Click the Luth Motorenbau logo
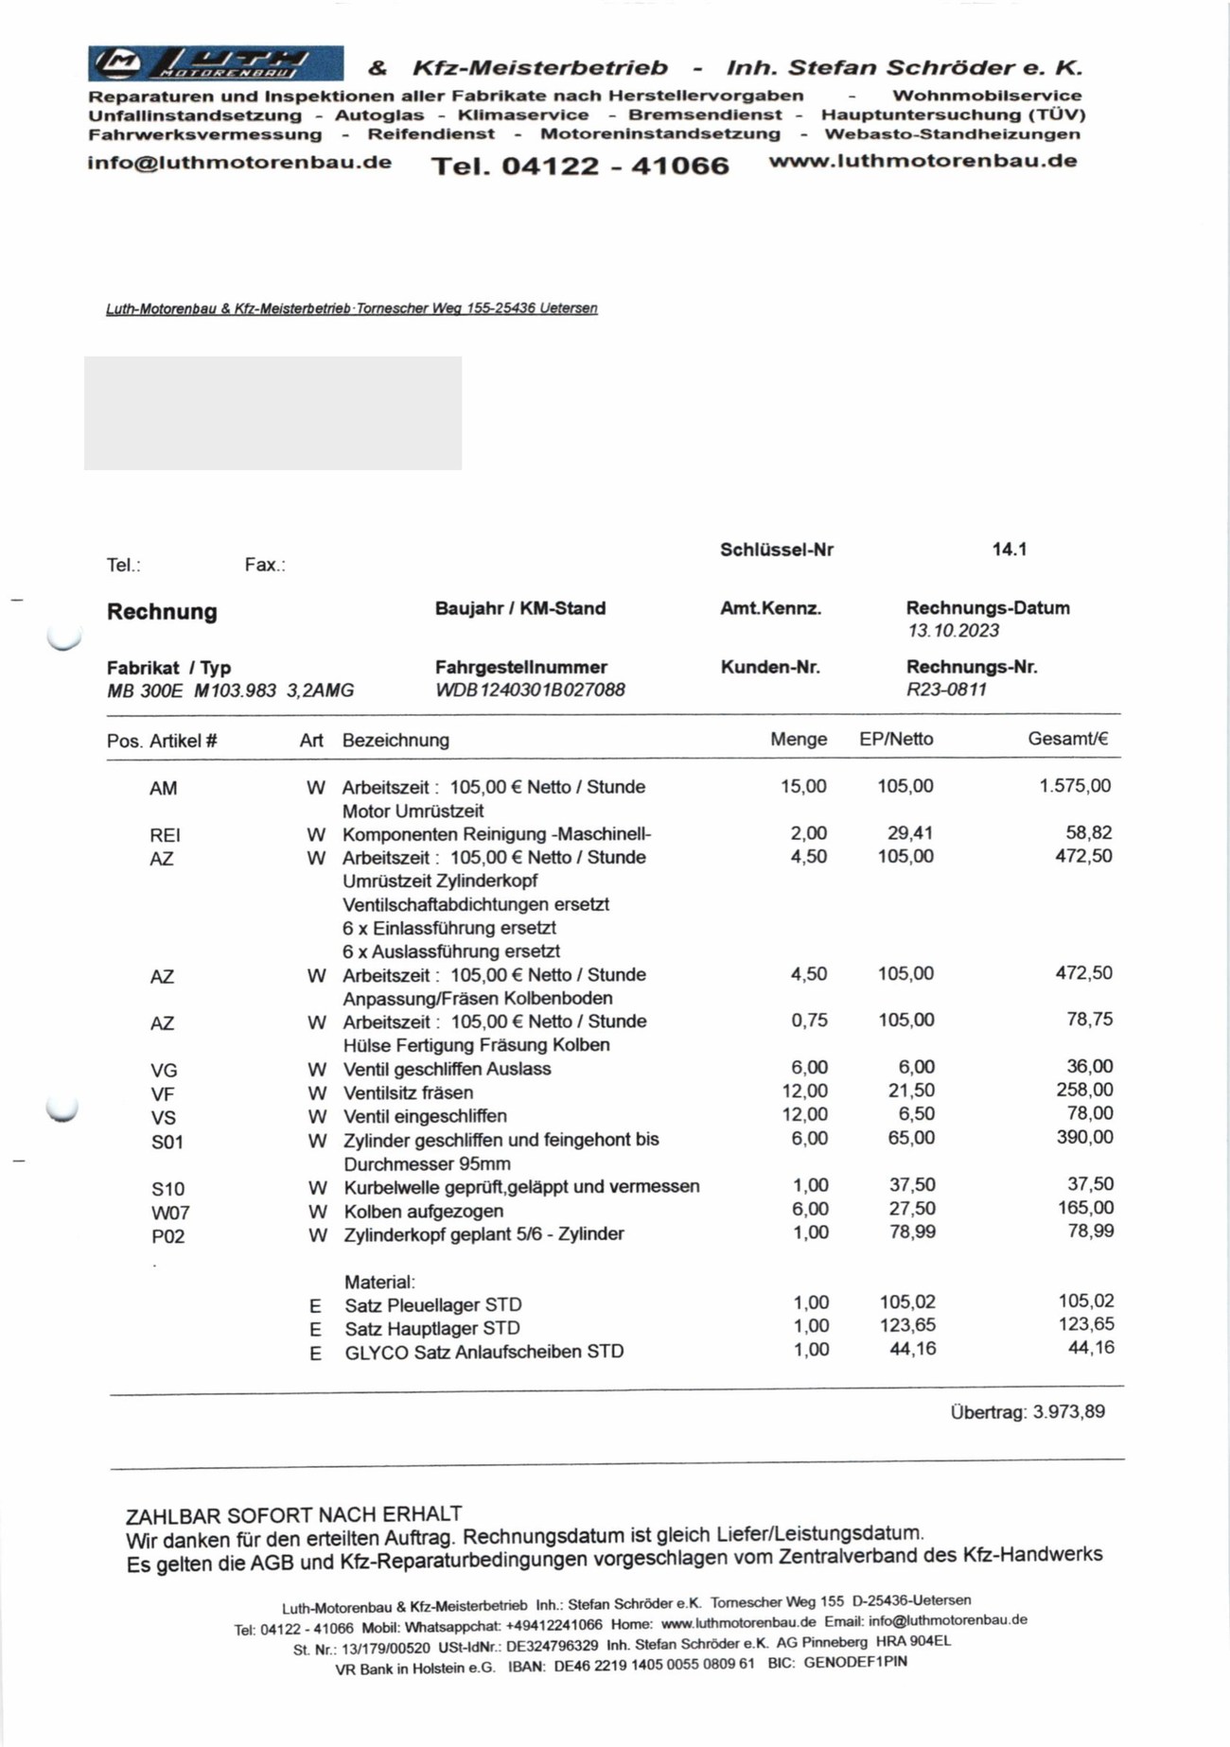click(216, 63)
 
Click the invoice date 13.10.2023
click(953, 631)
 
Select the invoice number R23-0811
click(946, 690)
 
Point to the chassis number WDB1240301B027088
click(530, 690)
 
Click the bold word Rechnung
click(162, 612)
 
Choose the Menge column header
click(799, 740)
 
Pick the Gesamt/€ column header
click(1067, 740)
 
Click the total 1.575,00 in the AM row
click(1075, 786)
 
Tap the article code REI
click(165, 835)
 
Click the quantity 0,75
click(809, 1020)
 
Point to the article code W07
click(170, 1213)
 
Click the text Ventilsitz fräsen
click(408, 1092)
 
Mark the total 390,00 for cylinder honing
click(1084, 1137)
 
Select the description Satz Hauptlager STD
click(432, 1328)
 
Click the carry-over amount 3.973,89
click(1068, 1412)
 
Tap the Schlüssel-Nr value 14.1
click(1010, 550)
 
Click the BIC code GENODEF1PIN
click(855, 1662)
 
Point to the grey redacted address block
click(272, 413)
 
